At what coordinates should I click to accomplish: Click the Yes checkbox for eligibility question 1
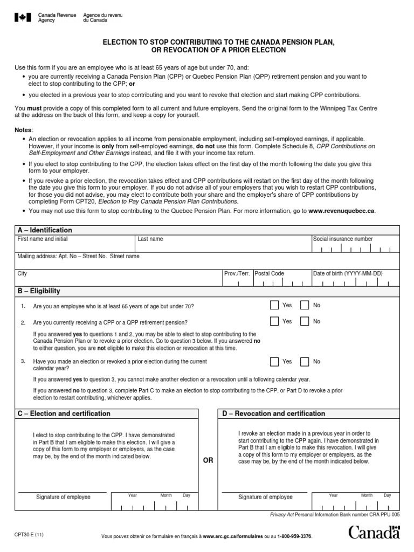[x=275, y=306]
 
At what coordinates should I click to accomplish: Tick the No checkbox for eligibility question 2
[x=305, y=322]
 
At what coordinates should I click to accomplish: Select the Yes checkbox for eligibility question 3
[x=275, y=362]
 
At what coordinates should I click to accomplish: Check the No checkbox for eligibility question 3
[x=305, y=362]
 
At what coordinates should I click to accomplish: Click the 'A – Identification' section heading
[x=45, y=230]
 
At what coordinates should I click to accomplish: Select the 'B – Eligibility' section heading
[x=39, y=291]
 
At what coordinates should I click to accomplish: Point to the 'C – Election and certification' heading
[x=64, y=413]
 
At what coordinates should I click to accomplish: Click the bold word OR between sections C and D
[x=208, y=459]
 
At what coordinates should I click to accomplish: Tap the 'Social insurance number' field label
[x=343, y=239]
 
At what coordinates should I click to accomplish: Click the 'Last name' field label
[x=150, y=239]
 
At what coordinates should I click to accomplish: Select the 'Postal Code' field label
[x=270, y=274]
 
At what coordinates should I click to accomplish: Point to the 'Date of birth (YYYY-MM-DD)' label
[x=348, y=274]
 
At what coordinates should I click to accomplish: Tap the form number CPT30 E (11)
[x=29, y=535]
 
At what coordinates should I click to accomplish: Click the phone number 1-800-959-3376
[x=294, y=537]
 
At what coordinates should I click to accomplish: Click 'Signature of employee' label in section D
[x=266, y=497]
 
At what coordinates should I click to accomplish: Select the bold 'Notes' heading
[x=23, y=130]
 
